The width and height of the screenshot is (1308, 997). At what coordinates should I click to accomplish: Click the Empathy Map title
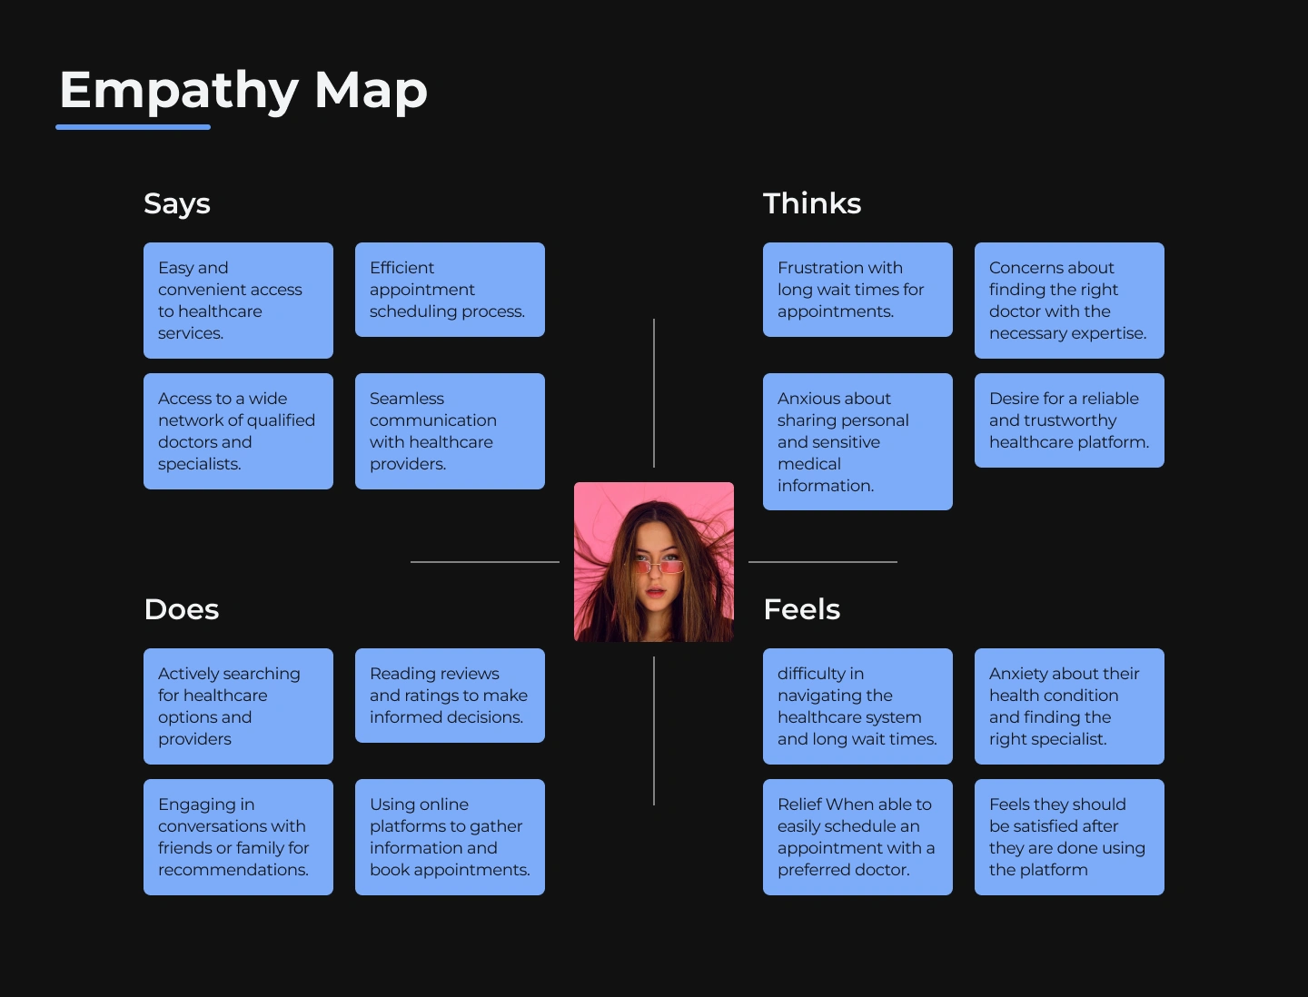coord(243,91)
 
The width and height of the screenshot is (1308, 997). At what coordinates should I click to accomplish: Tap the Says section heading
coord(177,204)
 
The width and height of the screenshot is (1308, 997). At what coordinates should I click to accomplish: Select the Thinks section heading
coord(812,203)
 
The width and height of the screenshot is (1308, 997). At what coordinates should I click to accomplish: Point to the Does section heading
coord(182,609)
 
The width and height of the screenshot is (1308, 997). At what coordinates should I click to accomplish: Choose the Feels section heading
coord(802,609)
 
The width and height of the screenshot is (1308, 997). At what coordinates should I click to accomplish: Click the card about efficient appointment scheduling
coord(450,290)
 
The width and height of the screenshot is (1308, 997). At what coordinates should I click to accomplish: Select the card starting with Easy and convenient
coord(238,301)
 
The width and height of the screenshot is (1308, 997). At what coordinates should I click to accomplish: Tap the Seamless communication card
coord(450,431)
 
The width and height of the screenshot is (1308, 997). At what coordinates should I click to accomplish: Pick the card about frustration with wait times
coord(857,290)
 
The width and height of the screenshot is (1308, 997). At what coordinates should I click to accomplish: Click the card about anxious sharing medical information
coord(857,441)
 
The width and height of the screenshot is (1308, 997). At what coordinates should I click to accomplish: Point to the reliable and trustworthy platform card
coord(1069,420)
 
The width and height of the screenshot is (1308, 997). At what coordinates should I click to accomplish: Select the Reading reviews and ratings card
coord(450,696)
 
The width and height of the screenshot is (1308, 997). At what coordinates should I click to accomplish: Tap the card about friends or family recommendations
coord(238,837)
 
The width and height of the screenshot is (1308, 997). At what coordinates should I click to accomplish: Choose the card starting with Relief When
coord(857,837)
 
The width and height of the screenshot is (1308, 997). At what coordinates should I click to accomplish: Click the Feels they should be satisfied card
coord(1069,837)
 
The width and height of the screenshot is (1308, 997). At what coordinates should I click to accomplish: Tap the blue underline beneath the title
coord(134,127)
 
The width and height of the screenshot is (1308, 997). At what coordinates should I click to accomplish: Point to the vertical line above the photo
coord(654,392)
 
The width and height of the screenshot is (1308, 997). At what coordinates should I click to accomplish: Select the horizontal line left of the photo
coord(485,562)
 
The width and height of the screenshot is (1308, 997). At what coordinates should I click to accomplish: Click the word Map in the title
coord(371,91)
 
